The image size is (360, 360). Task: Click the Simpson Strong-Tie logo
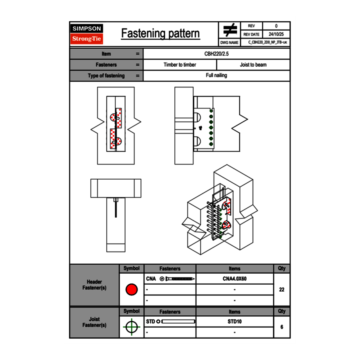coord(87,34)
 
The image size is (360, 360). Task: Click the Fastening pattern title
coord(160,34)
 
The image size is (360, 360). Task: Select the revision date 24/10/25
coord(276,34)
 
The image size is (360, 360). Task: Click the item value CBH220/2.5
coord(216,54)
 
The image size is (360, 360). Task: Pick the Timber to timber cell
coord(180,65)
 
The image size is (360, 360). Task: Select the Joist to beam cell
coord(253,65)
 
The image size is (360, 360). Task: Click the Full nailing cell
coord(216,76)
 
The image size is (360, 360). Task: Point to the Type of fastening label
coord(106,76)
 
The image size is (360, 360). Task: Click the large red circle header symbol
coord(131,290)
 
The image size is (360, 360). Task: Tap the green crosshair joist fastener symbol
coord(131,327)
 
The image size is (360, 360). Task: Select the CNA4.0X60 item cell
coord(234,279)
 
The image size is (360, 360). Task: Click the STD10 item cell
coord(234,322)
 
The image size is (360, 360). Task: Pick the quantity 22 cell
coord(281,290)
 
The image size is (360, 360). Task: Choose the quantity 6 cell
coord(281,327)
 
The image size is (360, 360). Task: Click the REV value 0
coord(276,26)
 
